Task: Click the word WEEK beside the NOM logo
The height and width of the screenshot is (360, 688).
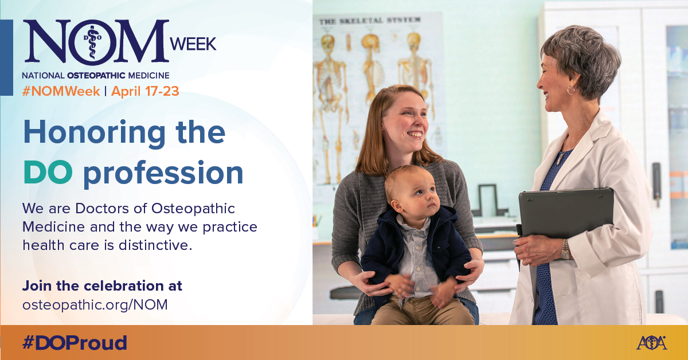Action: (193, 44)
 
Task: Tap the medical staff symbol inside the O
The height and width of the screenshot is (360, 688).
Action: (92, 42)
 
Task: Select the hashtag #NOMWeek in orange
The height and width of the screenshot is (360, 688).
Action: (61, 91)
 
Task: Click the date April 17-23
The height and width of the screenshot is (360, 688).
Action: (145, 91)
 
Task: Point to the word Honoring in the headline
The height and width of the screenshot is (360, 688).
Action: (95, 132)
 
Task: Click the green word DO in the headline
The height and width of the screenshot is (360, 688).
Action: (48, 172)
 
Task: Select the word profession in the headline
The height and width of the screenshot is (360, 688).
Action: (163, 174)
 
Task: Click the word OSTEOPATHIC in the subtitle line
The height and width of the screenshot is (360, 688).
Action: (96, 75)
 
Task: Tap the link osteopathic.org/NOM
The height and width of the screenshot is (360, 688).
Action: (95, 305)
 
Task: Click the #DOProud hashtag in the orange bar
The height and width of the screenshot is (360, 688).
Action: (75, 343)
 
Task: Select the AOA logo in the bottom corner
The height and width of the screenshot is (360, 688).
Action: (651, 342)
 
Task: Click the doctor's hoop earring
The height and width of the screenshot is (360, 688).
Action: (571, 90)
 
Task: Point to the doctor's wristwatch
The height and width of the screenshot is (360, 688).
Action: (565, 249)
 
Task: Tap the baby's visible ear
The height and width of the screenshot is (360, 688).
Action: (397, 206)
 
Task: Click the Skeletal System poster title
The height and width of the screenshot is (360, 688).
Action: (370, 21)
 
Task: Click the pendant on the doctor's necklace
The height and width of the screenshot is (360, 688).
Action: (560, 159)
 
